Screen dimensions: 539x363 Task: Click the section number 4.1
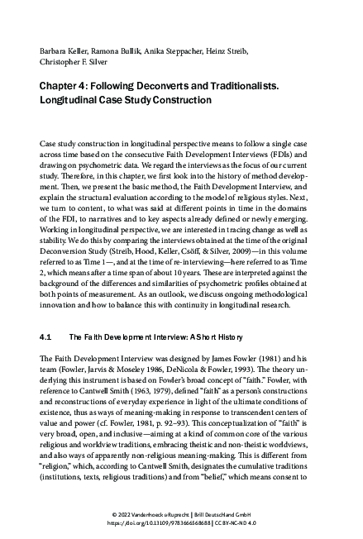point(46,315)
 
